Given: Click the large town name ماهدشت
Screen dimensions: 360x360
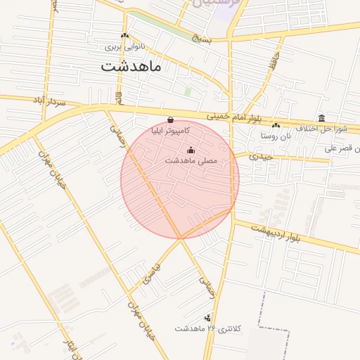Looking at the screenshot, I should pyautogui.click(x=131, y=67).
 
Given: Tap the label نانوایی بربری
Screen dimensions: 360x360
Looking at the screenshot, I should pyautogui.click(x=124, y=47).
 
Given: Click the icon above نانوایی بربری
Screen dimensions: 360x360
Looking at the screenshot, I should pyautogui.click(x=124, y=35).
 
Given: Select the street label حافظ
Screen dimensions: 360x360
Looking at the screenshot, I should pyautogui.click(x=273, y=65).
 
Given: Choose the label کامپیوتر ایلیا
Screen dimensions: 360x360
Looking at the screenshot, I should pyautogui.click(x=172, y=131).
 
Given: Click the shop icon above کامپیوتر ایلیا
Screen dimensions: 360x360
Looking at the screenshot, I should pyautogui.click(x=172, y=119).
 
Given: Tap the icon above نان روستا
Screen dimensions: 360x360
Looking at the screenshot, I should pyautogui.click(x=276, y=124).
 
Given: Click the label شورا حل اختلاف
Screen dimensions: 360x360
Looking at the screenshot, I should pyautogui.click(x=322, y=129).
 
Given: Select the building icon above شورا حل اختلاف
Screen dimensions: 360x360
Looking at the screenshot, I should pyautogui.click(x=322, y=117).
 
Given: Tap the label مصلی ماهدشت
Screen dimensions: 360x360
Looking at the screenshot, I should pyautogui.click(x=191, y=161).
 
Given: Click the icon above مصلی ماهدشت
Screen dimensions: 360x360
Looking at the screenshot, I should pyautogui.click(x=191, y=149).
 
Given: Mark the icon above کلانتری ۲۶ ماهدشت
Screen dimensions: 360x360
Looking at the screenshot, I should pyautogui.click(x=207, y=317).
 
